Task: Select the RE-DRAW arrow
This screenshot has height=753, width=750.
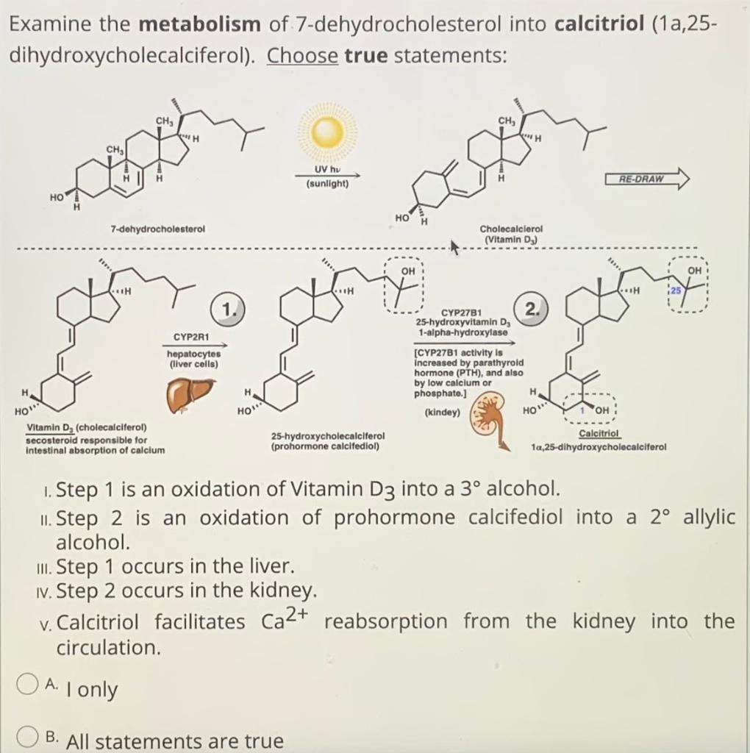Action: click(x=647, y=179)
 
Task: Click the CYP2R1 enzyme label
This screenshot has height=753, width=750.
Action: click(x=192, y=338)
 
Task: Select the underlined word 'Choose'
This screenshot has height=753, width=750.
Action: click(x=302, y=55)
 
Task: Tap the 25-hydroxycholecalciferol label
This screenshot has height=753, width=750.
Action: click(x=324, y=436)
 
